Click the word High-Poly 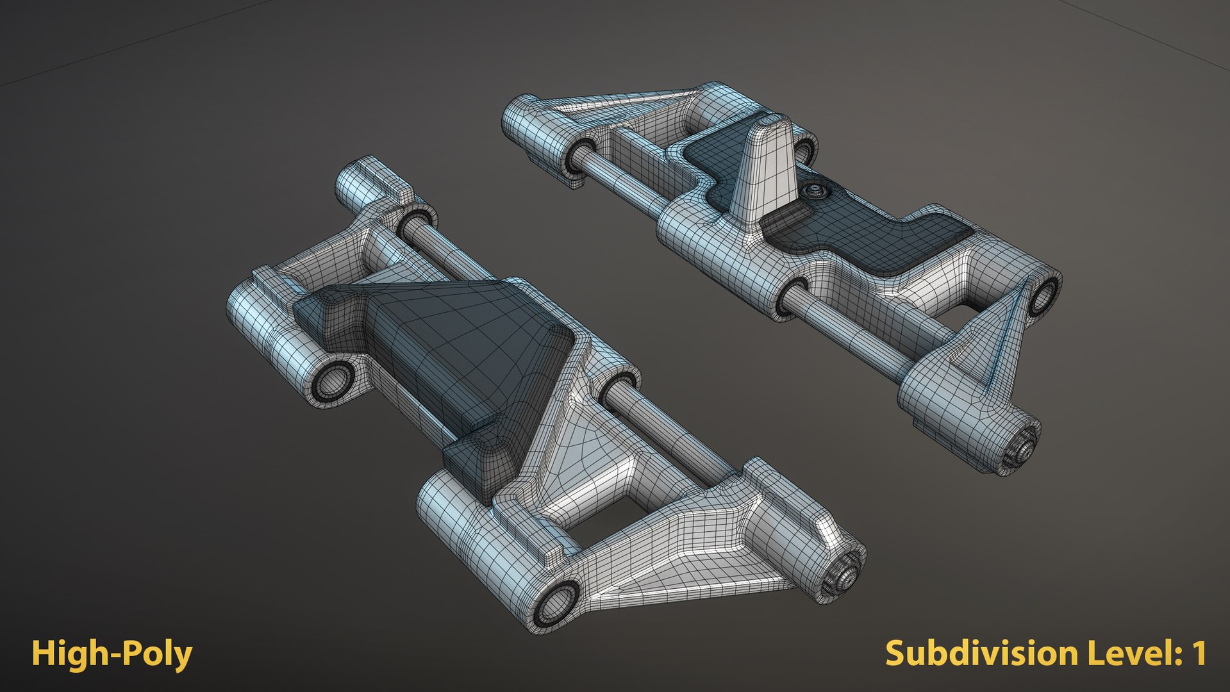112,654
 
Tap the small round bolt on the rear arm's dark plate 815,190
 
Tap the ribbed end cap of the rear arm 1019,449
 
